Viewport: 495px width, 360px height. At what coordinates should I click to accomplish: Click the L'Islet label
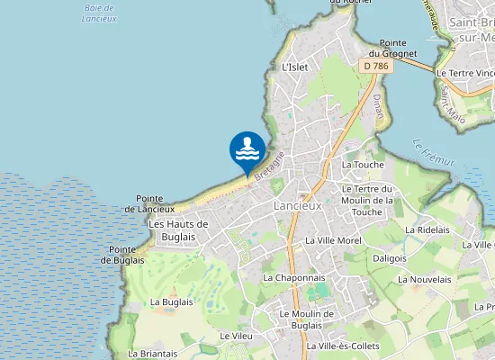pyautogui.click(x=295, y=67)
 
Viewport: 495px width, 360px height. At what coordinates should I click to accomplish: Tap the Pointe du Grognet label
pyautogui.click(x=398, y=49)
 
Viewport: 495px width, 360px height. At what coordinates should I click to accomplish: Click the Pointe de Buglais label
pyautogui.click(x=122, y=255)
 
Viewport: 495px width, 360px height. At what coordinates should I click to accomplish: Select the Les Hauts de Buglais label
pyautogui.click(x=178, y=230)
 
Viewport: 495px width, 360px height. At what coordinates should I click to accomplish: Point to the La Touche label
pyautogui.click(x=363, y=165)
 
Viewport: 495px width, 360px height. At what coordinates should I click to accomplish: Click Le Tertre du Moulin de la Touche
pyautogui.click(x=369, y=200)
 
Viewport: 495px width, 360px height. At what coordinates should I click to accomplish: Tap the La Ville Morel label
pyautogui.click(x=333, y=241)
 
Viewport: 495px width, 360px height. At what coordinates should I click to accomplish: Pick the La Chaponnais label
pyautogui.click(x=294, y=278)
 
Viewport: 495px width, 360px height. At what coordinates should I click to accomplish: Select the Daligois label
pyautogui.click(x=390, y=257)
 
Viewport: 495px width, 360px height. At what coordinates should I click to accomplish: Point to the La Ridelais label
pyautogui.click(x=427, y=229)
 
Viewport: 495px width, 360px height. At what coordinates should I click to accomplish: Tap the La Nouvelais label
pyautogui.click(x=425, y=280)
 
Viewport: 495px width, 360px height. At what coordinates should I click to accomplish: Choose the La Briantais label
pyautogui.click(x=153, y=354)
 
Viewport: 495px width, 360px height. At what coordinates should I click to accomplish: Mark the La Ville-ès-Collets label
pyautogui.click(x=343, y=346)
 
